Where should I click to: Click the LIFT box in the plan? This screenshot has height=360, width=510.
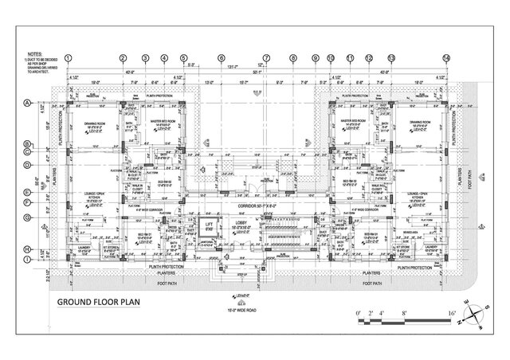point(210,226)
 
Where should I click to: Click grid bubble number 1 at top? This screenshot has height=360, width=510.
point(69,57)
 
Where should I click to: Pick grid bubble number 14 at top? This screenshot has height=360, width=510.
point(446,57)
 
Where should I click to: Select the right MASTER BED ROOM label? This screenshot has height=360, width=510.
point(353,121)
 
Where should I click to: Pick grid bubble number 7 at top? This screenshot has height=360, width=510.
point(268,57)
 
